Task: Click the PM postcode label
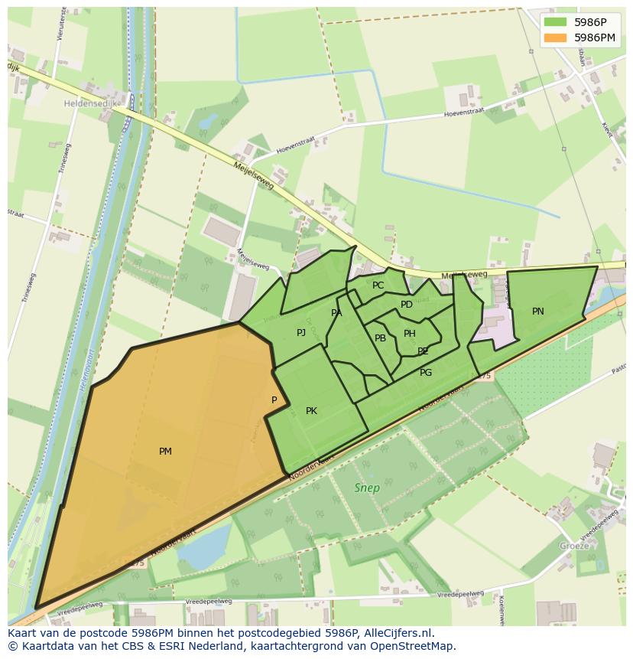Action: coord(165,452)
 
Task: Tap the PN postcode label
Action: coord(538,312)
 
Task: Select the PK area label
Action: coord(311,411)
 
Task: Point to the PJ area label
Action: coord(301,332)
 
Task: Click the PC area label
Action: coord(378,285)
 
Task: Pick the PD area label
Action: coord(407,305)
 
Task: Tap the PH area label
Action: coord(410,334)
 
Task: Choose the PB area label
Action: coord(380,338)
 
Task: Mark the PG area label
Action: coord(426,373)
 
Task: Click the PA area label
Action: coord(336,313)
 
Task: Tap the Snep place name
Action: coord(367,488)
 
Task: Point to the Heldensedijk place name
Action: coord(90,103)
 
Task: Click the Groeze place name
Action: coord(574,546)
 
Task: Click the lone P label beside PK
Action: coord(274,400)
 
